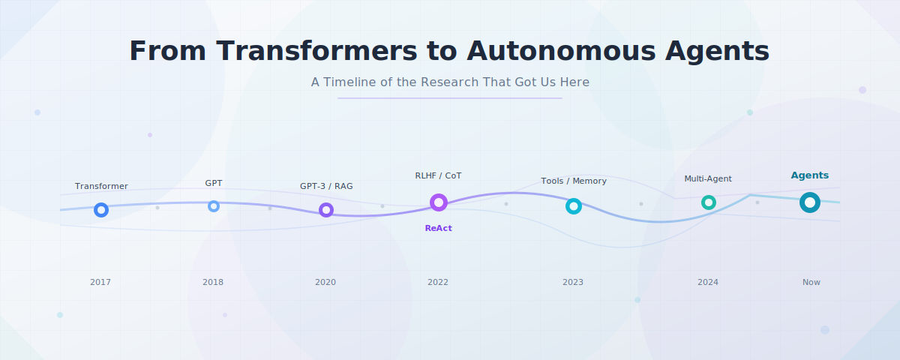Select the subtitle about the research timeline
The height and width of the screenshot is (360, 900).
(x=450, y=82)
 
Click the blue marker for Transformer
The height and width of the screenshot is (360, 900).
(x=101, y=210)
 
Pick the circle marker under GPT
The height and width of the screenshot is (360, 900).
(x=214, y=206)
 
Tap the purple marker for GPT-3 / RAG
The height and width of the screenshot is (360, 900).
(x=326, y=210)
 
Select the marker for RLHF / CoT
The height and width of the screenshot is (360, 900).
(x=439, y=202)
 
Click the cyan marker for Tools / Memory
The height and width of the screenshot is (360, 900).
(x=574, y=206)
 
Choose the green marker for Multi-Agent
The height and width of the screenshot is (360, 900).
(x=709, y=202)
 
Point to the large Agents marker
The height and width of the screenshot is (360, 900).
(x=810, y=202)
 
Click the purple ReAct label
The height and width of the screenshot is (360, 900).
(x=439, y=228)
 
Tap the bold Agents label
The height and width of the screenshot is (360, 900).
(x=810, y=175)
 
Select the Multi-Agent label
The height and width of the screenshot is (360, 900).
(x=708, y=178)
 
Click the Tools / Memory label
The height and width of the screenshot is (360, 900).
(x=574, y=181)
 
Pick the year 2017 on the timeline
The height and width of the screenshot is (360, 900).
(x=100, y=282)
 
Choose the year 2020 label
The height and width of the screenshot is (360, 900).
(x=325, y=282)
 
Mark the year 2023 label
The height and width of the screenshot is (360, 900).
(x=573, y=282)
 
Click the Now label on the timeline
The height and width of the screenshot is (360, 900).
(x=811, y=282)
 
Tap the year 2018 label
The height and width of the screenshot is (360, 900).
(x=213, y=282)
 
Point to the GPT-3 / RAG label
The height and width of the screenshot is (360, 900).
(x=326, y=186)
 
